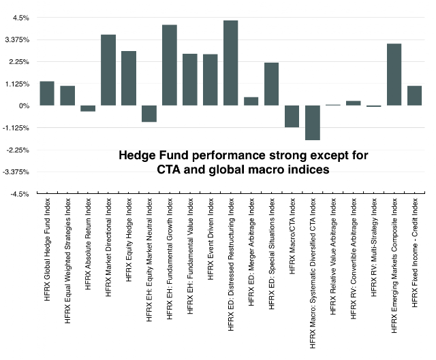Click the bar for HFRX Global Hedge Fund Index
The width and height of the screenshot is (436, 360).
(x=47, y=93)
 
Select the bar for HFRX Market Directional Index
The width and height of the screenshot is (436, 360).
(x=108, y=70)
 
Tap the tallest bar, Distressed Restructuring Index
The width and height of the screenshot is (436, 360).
(x=230, y=63)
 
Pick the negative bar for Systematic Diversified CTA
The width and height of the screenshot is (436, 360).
(x=313, y=122)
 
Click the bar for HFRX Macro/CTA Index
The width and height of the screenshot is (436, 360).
(x=292, y=116)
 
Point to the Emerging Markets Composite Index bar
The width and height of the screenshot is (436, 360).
(x=394, y=74)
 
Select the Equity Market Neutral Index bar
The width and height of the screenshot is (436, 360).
(x=149, y=114)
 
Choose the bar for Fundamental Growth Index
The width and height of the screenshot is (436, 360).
(x=170, y=65)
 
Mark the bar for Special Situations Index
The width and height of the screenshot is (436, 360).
(x=271, y=84)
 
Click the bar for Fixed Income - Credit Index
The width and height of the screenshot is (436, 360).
(x=415, y=95)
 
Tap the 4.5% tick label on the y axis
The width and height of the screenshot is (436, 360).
(x=21, y=18)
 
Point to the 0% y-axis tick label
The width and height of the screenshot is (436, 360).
(x=25, y=106)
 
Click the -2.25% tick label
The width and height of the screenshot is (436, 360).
(x=19, y=150)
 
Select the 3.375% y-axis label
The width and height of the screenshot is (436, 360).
(x=17, y=40)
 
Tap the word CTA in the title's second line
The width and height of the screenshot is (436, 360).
(x=168, y=169)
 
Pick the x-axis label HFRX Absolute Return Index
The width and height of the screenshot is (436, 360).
(x=88, y=244)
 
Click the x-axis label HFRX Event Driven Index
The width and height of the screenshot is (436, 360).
(x=211, y=239)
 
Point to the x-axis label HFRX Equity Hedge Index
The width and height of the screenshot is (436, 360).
(x=129, y=240)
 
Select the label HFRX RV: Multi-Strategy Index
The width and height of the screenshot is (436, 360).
(x=374, y=247)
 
